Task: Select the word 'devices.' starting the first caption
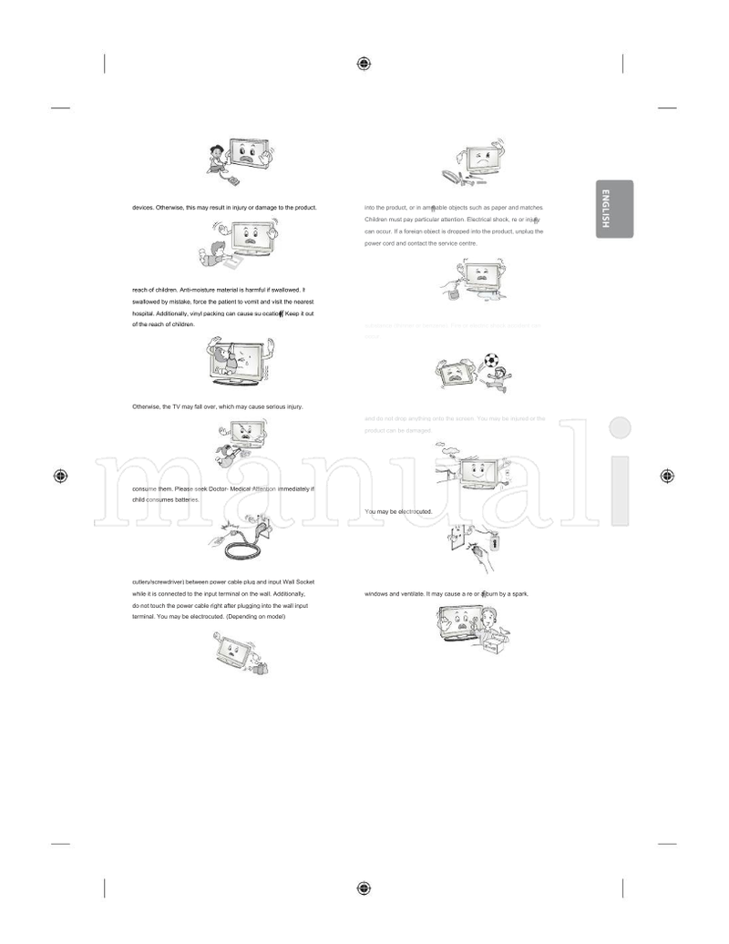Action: coord(143,208)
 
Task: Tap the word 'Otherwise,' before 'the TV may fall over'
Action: coord(147,406)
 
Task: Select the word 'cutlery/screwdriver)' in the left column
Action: coord(157,581)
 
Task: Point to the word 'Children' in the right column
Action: coord(377,220)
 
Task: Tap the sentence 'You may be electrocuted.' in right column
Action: coord(397,512)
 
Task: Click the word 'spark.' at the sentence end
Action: coord(519,594)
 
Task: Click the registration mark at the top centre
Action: coord(364,63)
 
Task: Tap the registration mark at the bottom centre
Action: coord(364,888)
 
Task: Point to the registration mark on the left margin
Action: coord(60,476)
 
